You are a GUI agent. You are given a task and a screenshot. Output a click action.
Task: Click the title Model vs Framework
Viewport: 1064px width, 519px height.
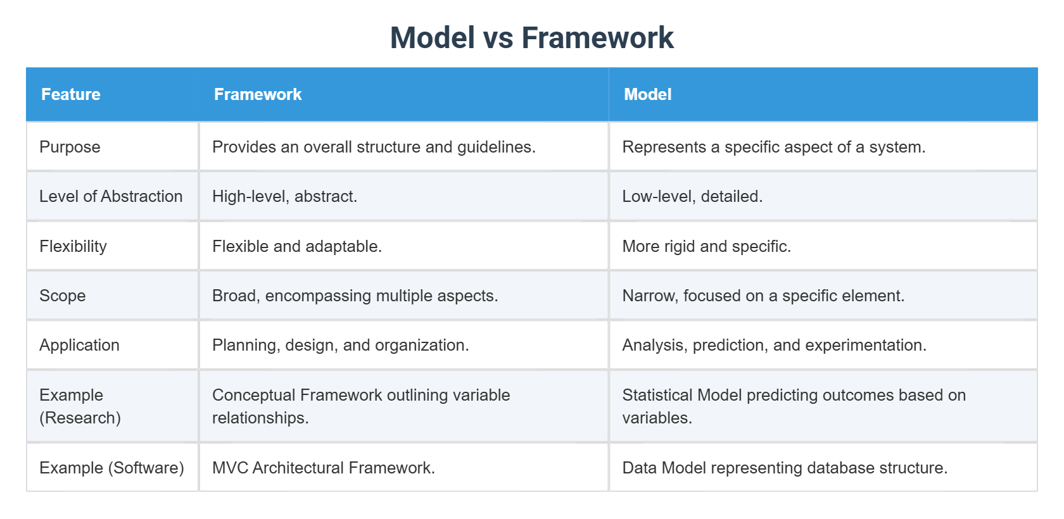point(531,37)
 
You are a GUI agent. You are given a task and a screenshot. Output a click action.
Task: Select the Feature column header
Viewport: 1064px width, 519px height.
point(71,94)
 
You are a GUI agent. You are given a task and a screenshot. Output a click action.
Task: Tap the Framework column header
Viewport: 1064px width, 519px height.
point(258,94)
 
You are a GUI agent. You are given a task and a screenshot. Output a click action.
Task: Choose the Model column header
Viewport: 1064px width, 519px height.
point(647,94)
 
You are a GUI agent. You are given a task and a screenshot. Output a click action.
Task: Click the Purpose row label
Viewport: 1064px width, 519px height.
point(70,147)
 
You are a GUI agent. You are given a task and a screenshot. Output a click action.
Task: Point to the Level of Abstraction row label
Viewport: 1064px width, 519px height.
point(111,196)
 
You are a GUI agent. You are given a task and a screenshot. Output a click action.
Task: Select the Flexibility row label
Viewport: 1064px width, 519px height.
point(73,246)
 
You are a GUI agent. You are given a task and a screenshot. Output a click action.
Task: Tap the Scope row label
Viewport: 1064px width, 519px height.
point(63,296)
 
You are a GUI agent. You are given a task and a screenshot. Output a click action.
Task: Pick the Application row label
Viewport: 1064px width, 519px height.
point(79,345)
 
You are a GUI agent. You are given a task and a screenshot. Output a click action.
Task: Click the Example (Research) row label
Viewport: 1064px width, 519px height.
point(80,406)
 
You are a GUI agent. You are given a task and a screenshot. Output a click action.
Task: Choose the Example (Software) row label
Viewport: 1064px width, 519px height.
point(111,468)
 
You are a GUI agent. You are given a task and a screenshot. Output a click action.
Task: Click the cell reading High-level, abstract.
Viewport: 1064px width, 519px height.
point(284,196)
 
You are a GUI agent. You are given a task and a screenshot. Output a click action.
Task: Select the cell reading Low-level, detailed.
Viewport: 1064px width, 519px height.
point(693,196)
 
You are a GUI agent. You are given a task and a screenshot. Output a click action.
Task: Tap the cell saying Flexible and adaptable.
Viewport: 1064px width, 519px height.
point(297,246)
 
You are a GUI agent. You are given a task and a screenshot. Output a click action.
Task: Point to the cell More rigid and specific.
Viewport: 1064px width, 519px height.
point(706,246)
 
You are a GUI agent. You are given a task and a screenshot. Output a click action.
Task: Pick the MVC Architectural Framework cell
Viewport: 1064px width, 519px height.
point(324,468)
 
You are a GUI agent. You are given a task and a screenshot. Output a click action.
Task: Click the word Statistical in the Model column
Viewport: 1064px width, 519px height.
point(657,395)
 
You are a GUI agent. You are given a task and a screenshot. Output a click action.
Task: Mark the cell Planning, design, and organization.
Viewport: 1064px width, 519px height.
point(341,345)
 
